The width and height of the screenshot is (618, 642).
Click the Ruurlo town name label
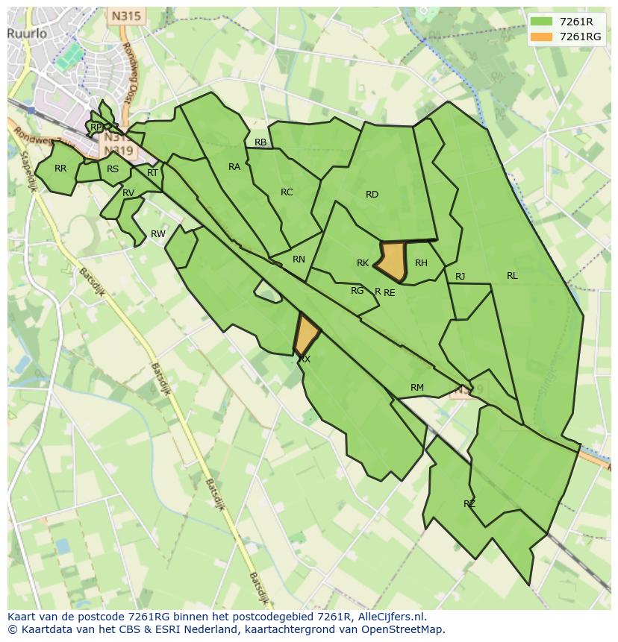[28, 34]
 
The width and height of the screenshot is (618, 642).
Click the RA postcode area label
[234, 167]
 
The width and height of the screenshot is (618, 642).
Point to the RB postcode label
[260, 142]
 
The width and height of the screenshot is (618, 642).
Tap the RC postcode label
[287, 192]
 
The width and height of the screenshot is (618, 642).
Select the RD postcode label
[372, 195]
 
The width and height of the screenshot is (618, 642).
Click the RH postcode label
[421, 263]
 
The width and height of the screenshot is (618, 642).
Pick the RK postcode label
[363, 263]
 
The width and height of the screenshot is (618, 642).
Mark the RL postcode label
[512, 276]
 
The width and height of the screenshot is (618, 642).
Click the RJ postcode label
[460, 277]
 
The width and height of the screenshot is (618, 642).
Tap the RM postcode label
[417, 388]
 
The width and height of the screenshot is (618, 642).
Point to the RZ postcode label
[469, 504]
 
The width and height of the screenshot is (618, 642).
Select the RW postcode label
[158, 234]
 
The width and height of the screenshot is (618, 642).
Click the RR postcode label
[60, 169]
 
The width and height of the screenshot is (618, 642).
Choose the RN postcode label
[299, 259]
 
